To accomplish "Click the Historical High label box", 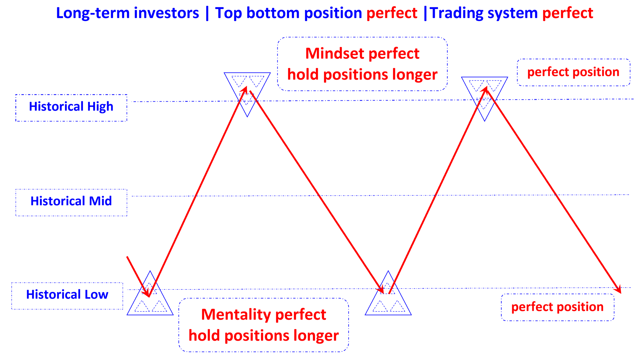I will pos(71,107).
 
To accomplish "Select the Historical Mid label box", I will pos(71,202).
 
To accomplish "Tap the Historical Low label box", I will pos(67,295).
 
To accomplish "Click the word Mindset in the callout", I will pos(334,54).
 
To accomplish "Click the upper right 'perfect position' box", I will pos(573,72).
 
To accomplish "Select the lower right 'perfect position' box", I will pos(557,307).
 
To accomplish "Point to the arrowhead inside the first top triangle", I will pos(245,89).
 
